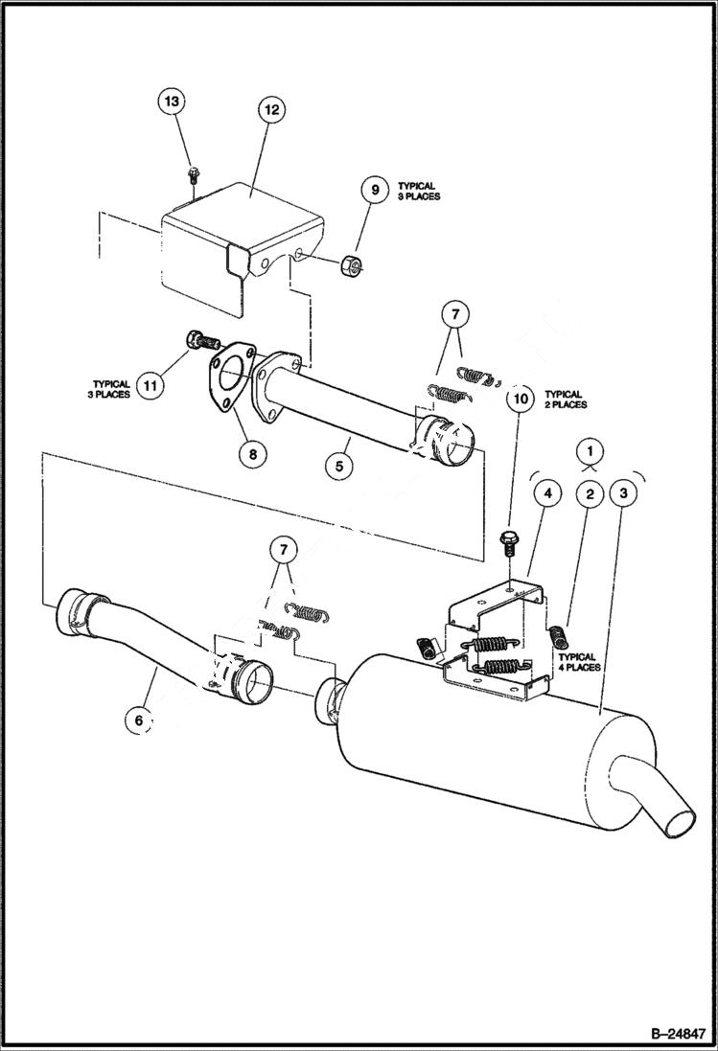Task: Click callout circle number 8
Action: (x=252, y=453)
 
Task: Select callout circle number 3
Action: (x=624, y=493)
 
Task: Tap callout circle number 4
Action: (x=547, y=493)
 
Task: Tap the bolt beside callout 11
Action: (x=200, y=339)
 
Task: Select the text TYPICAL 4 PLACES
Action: (x=579, y=664)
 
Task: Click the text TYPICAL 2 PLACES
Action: (x=566, y=400)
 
